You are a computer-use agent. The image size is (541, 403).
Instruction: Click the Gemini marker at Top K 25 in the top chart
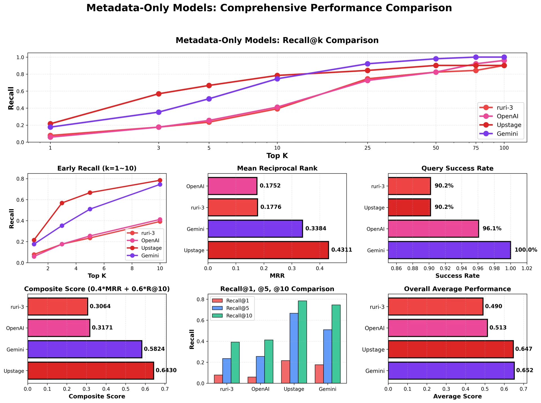pos(367,64)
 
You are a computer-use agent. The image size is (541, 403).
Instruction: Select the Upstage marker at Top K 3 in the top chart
pos(159,94)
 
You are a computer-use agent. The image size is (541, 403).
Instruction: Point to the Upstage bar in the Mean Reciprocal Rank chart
pos(268,250)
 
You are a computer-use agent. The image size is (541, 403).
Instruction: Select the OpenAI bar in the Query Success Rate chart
pos(433,229)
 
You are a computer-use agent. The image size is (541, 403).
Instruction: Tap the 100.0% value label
pos(526,250)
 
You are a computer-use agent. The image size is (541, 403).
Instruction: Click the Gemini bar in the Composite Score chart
pos(85,349)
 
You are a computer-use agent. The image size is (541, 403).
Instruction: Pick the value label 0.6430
pos(166,371)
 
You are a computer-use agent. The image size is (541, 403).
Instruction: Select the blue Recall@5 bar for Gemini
pos(327,356)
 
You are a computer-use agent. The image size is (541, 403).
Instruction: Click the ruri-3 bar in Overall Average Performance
pos(435,306)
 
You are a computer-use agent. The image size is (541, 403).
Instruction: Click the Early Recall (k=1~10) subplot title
pos(97,169)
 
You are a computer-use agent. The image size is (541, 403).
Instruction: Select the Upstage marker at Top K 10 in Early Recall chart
pos(160,180)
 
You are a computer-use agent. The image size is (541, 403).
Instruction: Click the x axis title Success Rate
pos(457,276)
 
